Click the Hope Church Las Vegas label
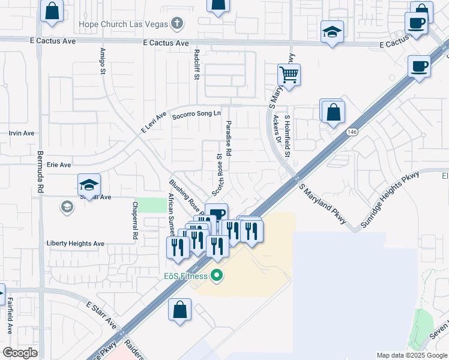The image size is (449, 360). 124,25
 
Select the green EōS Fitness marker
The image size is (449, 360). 217,276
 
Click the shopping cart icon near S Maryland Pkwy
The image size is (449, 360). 289,76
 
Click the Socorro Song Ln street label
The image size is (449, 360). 197,114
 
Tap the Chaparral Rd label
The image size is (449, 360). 135,220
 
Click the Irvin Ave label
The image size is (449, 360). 22,133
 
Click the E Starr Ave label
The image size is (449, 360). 101,315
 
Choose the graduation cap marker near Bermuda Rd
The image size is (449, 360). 89,185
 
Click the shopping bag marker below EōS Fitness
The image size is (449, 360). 180,310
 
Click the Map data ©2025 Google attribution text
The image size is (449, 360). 412,355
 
